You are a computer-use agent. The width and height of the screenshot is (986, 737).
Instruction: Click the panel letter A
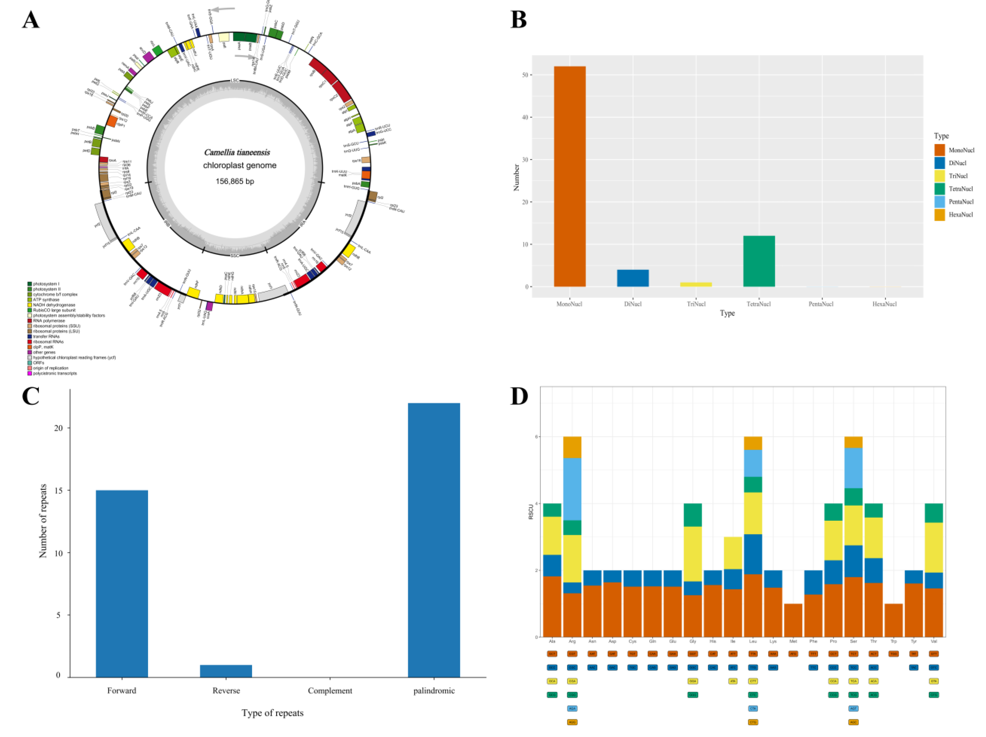[x=30, y=20]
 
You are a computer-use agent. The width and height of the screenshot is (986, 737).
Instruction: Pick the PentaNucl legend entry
[x=961, y=202]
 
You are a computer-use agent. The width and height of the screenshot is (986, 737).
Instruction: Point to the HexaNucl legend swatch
[x=939, y=214]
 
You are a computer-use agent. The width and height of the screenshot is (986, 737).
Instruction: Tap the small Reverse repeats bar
[x=226, y=671]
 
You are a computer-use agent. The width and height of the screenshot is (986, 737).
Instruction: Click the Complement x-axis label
[x=330, y=691]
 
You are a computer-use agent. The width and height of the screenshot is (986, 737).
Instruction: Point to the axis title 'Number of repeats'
[x=43, y=521]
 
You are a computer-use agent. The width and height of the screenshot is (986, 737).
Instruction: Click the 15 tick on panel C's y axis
[x=58, y=490]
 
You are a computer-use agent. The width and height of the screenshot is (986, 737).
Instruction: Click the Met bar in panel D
[x=793, y=620]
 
